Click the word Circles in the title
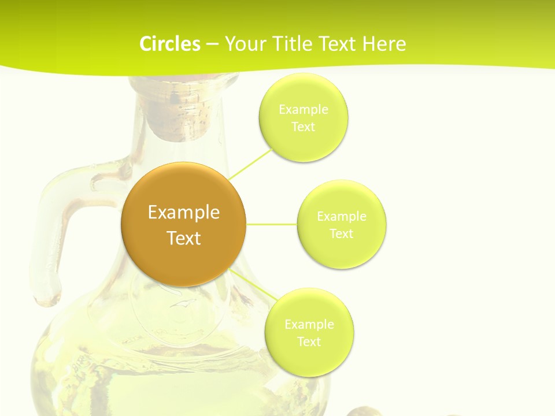[x=169, y=44]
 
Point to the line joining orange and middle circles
[x=272, y=224]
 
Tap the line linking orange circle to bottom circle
[x=254, y=284]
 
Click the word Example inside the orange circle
[x=183, y=213]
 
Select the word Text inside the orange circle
[x=183, y=238]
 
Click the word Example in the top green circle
[x=303, y=110]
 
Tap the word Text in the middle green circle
[x=341, y=234]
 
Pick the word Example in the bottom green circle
[x=309, y=325]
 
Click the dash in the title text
[x=212, y=44]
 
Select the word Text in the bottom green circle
[x=309, y=342]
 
